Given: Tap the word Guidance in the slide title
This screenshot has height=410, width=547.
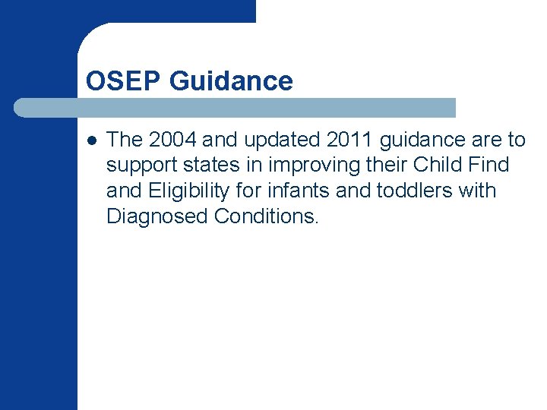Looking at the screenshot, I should click(232, 80).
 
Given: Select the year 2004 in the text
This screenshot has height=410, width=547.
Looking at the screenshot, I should click(174, 140).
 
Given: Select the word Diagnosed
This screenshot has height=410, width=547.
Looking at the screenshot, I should click(157, 216).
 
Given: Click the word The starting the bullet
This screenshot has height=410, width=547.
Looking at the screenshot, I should click(124, 140).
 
